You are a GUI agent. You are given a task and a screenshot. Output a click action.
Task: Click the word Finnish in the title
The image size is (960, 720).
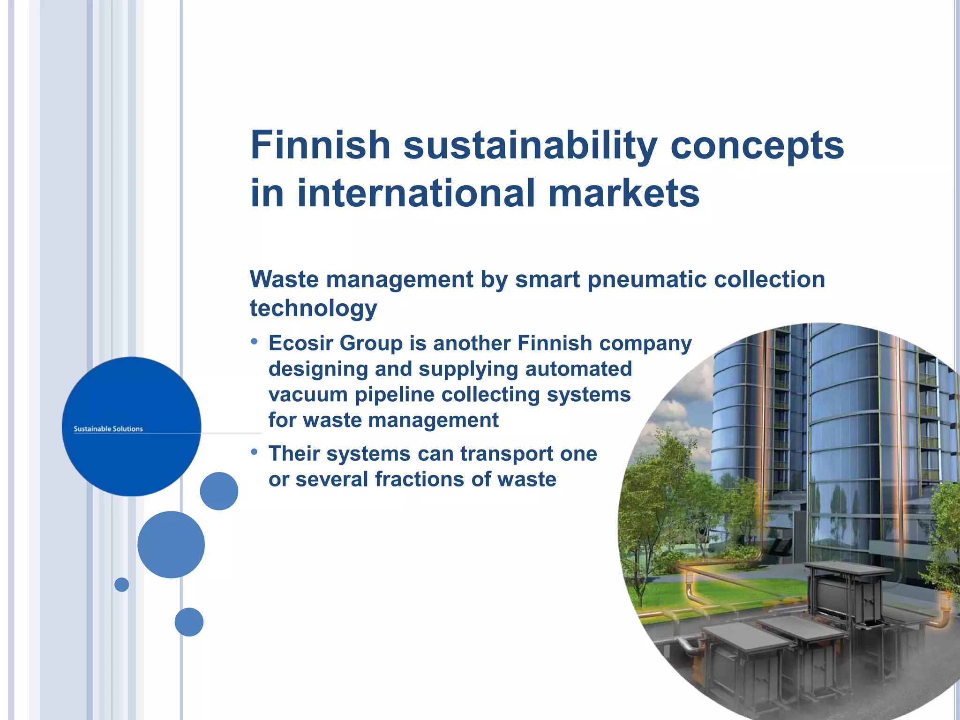[321, 145]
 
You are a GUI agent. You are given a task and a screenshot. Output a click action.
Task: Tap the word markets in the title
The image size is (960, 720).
[623, 193]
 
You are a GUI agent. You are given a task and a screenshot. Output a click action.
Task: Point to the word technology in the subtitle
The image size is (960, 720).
[313, 309]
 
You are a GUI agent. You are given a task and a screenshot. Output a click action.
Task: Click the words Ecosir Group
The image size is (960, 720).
[335, 344]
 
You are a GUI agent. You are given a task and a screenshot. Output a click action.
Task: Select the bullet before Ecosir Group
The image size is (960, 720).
[254, 342]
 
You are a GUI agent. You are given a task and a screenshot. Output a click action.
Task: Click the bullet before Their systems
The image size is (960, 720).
[254, 452]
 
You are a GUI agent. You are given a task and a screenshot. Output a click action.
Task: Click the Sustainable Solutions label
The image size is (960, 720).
[108, 429]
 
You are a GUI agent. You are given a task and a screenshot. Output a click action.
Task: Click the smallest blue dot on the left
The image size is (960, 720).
[122, 585]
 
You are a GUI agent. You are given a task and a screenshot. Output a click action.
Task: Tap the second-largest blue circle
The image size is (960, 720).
[171, 545]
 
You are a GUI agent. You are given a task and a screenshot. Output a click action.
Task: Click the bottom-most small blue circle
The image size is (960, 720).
[189, 622]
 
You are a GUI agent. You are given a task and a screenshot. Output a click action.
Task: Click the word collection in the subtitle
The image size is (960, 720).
[769, 280]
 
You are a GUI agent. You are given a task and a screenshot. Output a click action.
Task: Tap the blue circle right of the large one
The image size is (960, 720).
[219, 491]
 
